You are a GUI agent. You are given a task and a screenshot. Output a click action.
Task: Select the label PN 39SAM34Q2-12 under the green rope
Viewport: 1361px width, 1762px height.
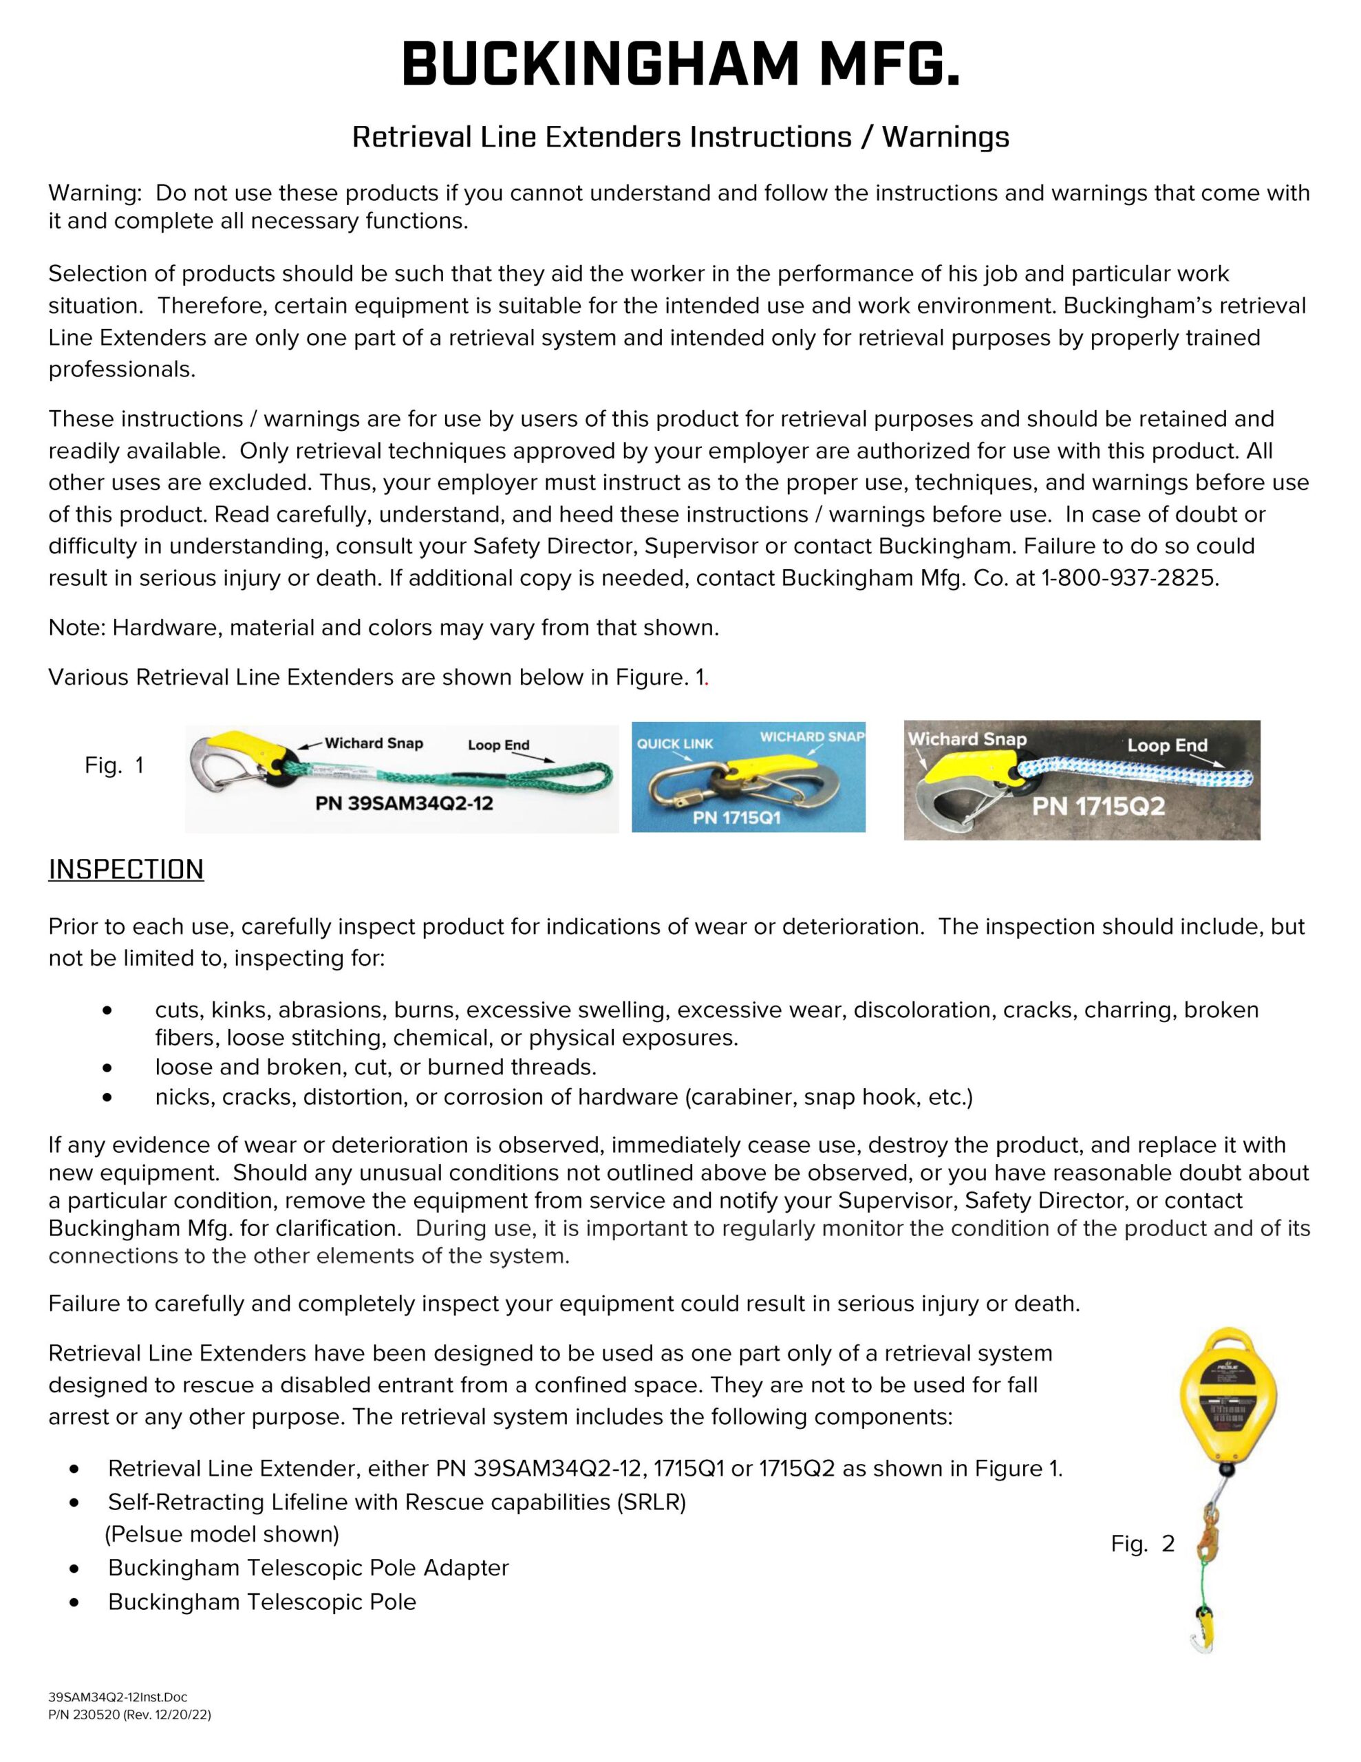[403, 803]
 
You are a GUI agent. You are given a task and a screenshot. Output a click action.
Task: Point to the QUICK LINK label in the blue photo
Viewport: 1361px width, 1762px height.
[674, 743]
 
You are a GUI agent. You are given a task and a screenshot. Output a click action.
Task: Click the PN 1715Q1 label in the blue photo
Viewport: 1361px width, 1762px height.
[736, 817]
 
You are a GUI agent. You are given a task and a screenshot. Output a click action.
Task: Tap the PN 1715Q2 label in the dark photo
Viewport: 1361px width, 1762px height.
[1098, 806]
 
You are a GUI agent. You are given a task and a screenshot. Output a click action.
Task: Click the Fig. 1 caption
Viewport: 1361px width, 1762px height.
[114, 765]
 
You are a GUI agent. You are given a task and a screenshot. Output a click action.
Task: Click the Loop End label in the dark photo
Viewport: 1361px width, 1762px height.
[1166, 745]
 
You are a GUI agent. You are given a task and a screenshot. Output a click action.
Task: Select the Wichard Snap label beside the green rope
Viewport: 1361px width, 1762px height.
[374, 743]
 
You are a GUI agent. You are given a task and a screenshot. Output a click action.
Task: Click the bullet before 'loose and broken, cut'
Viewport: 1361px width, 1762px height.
[107, 1068]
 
